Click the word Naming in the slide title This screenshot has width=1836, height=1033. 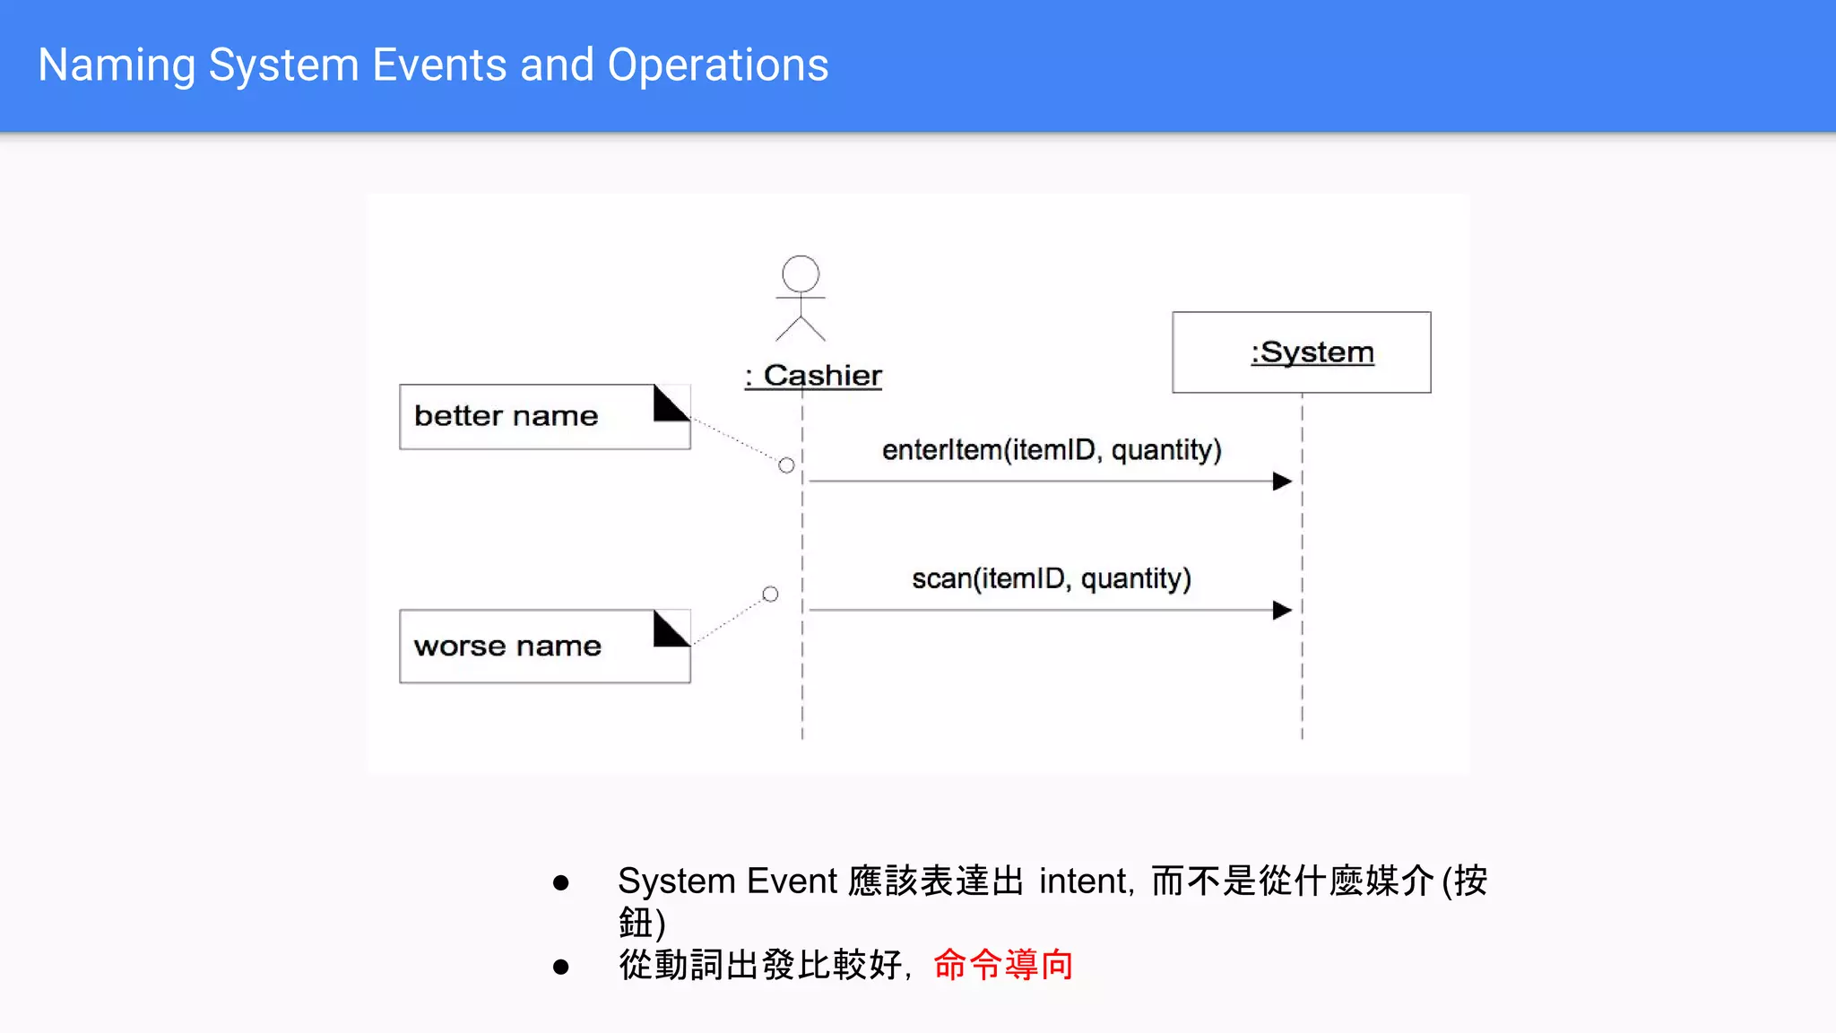[117, 65]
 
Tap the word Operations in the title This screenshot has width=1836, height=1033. [717, 65]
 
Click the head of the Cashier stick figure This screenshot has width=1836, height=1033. [800, 273]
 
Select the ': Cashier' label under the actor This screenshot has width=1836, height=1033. [813, 376]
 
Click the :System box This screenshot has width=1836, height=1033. [1301, 352]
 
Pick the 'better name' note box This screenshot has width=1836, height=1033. [529, 417]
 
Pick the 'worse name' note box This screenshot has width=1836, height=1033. [529, 647]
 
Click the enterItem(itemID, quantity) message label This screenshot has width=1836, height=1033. [1051, 450]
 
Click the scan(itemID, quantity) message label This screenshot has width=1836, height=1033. [1051, 579]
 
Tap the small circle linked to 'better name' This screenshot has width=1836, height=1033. [786, 465]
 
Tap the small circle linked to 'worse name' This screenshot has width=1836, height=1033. [770, 595]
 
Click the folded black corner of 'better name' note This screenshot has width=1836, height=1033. [669, 404]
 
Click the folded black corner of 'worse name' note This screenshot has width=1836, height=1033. [669, 629]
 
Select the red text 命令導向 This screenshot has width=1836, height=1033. [1002, 966]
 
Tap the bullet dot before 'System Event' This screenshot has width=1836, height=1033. [561, 883]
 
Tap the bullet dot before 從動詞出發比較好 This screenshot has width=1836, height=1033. [561, 967]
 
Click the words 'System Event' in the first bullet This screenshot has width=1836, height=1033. [727, 881]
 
